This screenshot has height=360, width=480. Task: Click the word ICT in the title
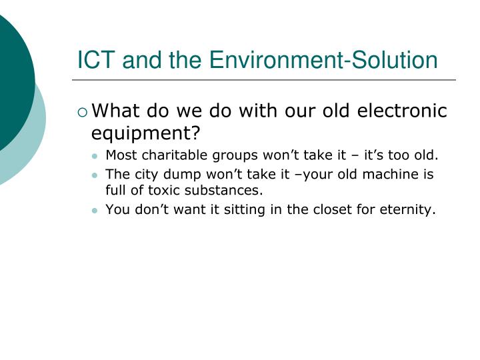tap(93, 61)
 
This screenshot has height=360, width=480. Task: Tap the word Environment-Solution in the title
tap(323, 61)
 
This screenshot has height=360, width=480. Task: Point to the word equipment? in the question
tap(146, 133)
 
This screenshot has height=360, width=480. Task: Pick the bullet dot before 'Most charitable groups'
tap(96, 157)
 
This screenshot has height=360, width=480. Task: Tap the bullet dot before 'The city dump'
tap(96, 175)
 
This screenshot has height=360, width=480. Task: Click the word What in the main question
tap(114, 111)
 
